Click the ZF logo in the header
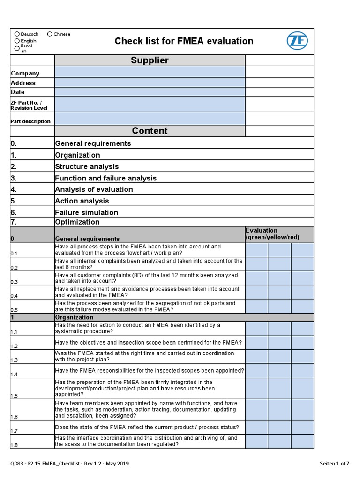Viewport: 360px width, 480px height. coord(297,41)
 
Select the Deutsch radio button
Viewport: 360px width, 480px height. coord(17,34)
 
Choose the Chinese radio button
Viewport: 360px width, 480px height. coord(50,34)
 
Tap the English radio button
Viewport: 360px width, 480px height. coord(17,41)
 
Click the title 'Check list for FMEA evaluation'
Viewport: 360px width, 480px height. coord(184,41)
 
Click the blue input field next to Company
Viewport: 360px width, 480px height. coord(150,72)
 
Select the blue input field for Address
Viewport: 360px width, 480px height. coord(150,82)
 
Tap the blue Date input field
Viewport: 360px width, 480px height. coord(150,92)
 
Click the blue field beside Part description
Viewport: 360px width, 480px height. coord(150,119)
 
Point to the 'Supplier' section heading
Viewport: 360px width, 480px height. coord(150,60)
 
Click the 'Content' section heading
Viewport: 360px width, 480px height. coord(150,131)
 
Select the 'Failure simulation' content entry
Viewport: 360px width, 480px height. coord(86,212)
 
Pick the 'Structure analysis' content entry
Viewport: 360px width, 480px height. coord(87,166)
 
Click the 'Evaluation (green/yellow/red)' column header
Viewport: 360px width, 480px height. coord(272,234)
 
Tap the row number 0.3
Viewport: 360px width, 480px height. coord(14,282)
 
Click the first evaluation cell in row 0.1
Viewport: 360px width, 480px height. coord(256,250)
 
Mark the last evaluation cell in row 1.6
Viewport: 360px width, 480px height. coord(302,410)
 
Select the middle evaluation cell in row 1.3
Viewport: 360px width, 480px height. coord(279,357)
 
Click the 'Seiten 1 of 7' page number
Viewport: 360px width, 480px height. coord(334,464)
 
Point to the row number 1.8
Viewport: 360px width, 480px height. coord(14,445)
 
